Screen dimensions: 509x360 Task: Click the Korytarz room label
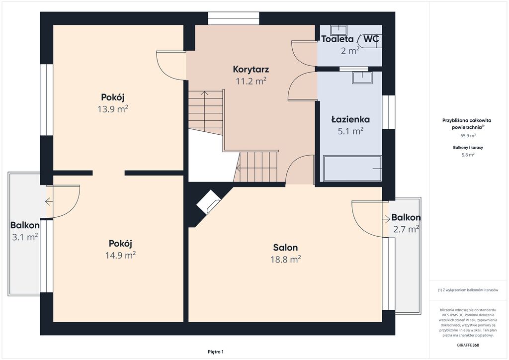[251, 69]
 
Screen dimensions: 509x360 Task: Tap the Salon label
[285, 248]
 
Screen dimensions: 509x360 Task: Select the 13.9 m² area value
[113, 109]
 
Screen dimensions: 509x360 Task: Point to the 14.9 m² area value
[120, 256]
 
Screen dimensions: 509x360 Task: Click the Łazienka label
[350, 119]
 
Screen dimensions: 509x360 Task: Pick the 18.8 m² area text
[286, 260]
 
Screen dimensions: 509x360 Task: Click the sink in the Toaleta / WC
[339, 30]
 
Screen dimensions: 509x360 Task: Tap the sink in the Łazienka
[362, 78]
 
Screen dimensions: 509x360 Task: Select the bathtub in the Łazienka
[352, 169]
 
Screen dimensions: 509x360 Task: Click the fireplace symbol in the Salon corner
[208, 202]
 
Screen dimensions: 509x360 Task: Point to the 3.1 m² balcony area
[25, 237]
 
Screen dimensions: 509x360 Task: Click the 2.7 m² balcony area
[406, 229]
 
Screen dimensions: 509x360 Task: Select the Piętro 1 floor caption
[216, 352]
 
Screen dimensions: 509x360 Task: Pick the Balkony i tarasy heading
[468, 147]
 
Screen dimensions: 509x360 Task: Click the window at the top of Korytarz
[234, 18]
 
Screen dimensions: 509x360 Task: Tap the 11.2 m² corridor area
[251, 81]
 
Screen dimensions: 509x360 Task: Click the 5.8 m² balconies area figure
[468, 155]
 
